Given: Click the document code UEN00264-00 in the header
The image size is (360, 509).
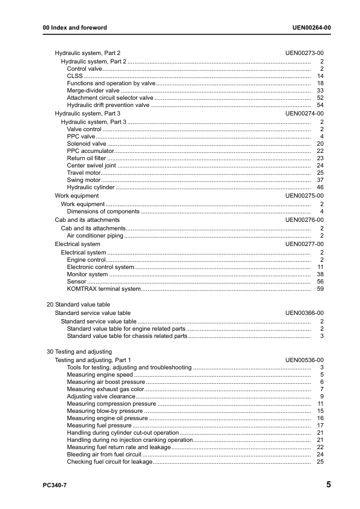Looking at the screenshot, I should pyautogui.click(x=311, y=28).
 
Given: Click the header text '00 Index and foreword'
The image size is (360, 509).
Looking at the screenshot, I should pyautogui.click(x=75, y=28).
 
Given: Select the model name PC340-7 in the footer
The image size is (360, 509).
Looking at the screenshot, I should pyautogui.click(x=55, y=485).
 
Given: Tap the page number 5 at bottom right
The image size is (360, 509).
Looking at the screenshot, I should pyautogui.click(x=328, y=484).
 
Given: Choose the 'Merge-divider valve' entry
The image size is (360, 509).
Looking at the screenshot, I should pyautogui.click(x=93, y=90).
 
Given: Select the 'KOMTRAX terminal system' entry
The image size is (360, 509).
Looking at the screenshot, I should pyautogui.click(x=103, y=289).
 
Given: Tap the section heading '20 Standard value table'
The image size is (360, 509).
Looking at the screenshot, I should pyautogui.click(x=79, y=305).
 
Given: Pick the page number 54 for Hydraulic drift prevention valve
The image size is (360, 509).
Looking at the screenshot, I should pyautogui.click(x=321, y=105).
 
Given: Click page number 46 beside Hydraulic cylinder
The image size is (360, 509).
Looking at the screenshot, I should pyautogui.click(x=321, y=188).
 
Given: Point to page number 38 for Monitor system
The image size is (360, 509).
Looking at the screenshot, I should pyautogui.click(x=321, y=274).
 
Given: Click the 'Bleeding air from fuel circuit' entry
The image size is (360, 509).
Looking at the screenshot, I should pyautogui.click(x=104, y=455).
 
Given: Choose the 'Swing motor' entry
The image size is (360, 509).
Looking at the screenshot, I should pyautogui.click(x=83, y=180).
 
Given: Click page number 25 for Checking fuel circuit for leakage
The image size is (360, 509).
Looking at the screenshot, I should pyautogui.click(x=321, y=462).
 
